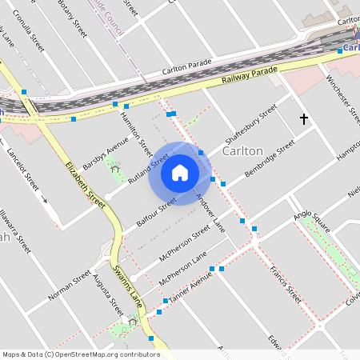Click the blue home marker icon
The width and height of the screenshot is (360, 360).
pyautogui.click(x=180, y=173)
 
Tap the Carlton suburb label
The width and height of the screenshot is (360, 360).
pyautogui.click(x=243, y=150)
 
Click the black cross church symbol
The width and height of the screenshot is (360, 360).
pyautogui.click(x=303, y=119)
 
